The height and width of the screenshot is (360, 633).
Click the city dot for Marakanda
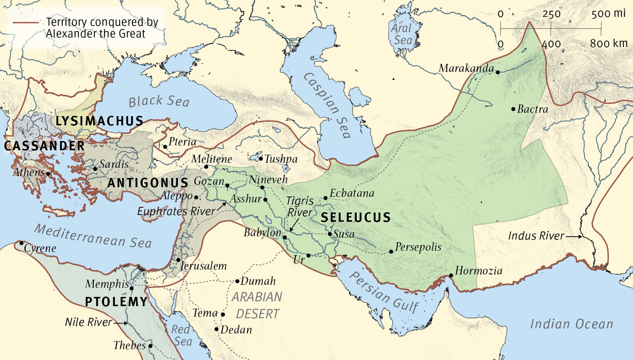tap(498, 72)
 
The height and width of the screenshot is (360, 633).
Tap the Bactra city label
tap(533, 109)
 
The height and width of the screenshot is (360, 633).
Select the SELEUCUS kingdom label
tap(355, 217)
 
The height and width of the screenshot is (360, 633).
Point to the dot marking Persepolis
tap(391, 252)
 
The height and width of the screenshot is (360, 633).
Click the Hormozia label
tap(478, 271)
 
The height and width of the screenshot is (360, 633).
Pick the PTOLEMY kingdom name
tap(116, 302)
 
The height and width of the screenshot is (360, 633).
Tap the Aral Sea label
tap(402, 34)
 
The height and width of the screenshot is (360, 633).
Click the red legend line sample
tap(26, 22)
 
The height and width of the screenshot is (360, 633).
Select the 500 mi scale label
tap(608, 14)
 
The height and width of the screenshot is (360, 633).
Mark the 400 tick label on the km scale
tap(551, 44)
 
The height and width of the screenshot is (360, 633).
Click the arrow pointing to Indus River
tap(574, 237)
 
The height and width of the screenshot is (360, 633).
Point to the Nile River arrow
tap(121, 323)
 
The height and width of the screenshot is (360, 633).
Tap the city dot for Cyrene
tap(21, 243)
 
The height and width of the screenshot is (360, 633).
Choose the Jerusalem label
tap(204, 266)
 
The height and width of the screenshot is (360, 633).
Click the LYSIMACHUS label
tap(99, 121)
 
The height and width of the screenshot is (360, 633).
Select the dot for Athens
tap(48, 174)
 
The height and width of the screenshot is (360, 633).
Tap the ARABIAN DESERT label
tap(257, 305)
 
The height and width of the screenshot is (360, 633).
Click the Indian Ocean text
tap(572, 324)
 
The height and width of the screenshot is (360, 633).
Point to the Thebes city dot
tap(150, 346)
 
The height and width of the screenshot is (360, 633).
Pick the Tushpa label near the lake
tap(281, 159)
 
